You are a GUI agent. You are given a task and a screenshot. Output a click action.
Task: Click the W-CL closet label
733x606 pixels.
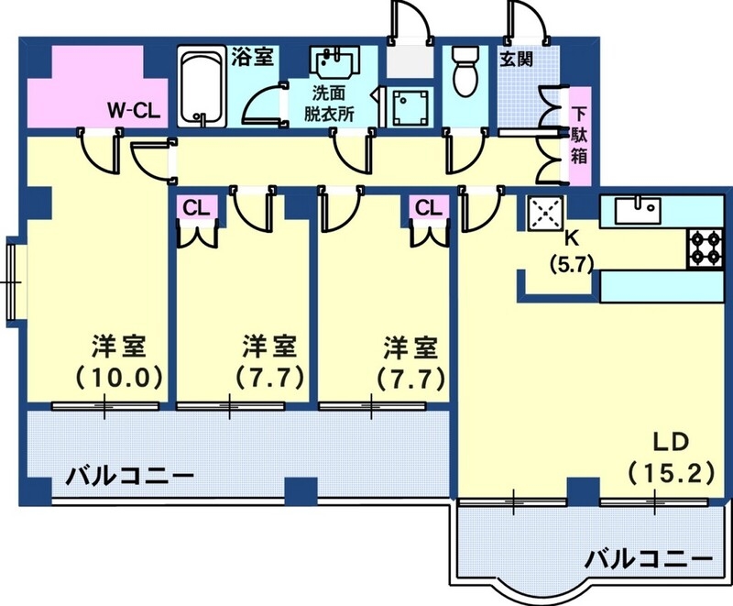click(x=135, y=111)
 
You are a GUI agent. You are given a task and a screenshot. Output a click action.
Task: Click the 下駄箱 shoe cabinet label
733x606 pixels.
click(x=579, y=134)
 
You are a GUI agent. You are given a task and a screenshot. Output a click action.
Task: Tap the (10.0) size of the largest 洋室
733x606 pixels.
click(x=118, y=376)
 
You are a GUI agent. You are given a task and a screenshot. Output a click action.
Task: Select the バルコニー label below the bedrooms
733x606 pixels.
click(x=129, y=476)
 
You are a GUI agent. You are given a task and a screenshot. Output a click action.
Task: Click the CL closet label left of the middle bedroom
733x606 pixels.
click(x=195, y=208)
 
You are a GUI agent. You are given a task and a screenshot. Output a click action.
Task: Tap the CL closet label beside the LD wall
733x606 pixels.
click(x=428, y=208)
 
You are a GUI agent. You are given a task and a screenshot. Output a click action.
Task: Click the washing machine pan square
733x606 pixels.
click(x=404, y=109)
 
